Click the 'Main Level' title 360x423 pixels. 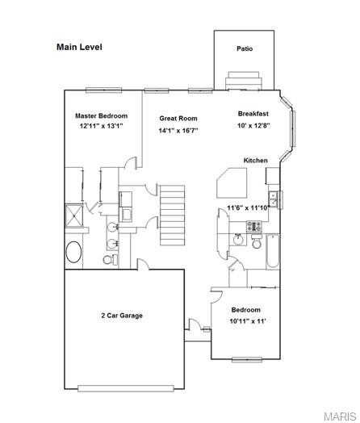coord(79,47)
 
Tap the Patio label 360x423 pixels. coord(245,48)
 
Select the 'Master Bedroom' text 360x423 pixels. coord(102,116)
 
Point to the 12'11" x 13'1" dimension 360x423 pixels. coord(103,127)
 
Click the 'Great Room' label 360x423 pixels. coord(178,119)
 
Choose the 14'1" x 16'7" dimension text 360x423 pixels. coord(178,130)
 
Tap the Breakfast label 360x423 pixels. coord(253,114)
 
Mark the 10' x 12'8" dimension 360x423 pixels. coord(253,125)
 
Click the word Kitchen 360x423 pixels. coord(256,161)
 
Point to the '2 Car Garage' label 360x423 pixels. coord(122,315)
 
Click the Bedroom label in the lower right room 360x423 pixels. coord(246,310)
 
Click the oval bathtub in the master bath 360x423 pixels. coord(73,253)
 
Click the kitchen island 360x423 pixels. coord(232,184)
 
